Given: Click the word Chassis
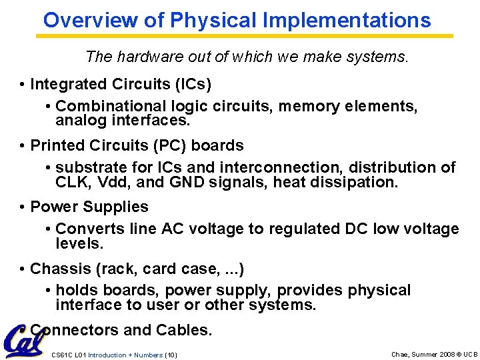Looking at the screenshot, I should coord(57,269).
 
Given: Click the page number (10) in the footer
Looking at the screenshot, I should coord(171,355).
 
